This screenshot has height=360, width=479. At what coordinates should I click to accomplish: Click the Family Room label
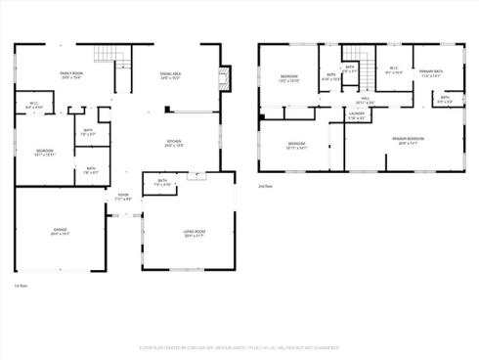(67, 75)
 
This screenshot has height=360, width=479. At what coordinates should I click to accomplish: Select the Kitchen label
(175, 143)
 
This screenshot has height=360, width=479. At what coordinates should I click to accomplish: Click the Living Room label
(194, 233)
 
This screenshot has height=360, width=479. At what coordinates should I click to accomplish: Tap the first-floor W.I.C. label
(33, 105)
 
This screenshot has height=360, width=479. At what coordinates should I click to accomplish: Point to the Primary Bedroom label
(408, 140)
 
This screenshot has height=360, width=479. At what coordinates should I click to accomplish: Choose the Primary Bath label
(430, 73)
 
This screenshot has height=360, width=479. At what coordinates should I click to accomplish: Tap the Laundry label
(357, 115)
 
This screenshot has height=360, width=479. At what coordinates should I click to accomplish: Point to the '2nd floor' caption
(265, 185)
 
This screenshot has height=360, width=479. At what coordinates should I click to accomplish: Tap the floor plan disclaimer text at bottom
(239, 346)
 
